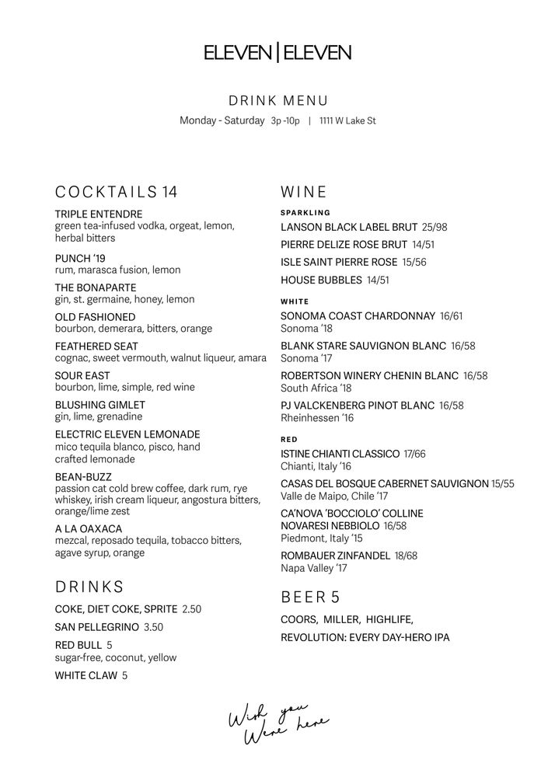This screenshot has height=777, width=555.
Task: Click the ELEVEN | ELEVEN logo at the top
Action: pos(277,53)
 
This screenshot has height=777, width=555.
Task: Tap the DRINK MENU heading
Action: pos(277,101)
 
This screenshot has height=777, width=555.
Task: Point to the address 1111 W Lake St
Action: pos(347,121)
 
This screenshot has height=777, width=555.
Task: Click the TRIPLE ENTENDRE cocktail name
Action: pos(99,214)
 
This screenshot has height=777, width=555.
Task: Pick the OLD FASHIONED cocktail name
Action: pos(95,317)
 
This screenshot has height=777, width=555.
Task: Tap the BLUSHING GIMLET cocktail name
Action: pos(100,405)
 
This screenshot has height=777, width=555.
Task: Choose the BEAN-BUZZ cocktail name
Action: pos(83,476)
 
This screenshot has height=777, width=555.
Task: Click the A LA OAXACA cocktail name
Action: pos(89,528)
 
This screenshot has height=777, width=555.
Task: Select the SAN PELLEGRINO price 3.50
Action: pos(154,627)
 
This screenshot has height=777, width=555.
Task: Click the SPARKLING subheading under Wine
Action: pos(305,212)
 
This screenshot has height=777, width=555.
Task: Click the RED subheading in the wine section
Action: pos(289,440)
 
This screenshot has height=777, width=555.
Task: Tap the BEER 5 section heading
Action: pos(310,598)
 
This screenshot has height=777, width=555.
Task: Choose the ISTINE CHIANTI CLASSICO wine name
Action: pos(340,454)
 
